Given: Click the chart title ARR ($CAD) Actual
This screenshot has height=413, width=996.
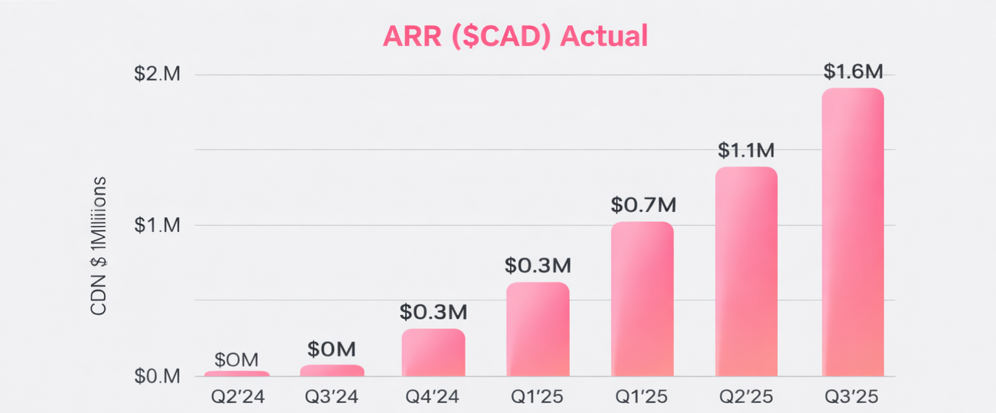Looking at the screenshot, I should tap(514, 36).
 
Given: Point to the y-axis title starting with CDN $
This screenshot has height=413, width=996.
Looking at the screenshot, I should tap(99, 246).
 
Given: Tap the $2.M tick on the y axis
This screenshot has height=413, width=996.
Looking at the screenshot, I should tap(157, 74).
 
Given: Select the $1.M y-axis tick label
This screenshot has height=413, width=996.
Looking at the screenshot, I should tap(157, 226).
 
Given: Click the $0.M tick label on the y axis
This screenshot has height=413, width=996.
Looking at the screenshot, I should tap(157, 376).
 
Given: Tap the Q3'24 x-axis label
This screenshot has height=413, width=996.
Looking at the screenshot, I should tap(332, 396).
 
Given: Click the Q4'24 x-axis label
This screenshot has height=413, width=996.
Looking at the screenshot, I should tap(433, 396).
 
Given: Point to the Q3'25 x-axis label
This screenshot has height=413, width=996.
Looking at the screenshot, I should tap(851, 396).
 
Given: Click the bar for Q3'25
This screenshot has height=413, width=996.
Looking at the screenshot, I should tap(852, 233).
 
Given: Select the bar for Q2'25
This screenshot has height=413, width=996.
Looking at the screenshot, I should tap(746, 271).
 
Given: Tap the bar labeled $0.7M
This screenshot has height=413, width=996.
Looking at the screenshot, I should tap(642, 299).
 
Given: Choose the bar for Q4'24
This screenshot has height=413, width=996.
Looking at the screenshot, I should tap(433, 353).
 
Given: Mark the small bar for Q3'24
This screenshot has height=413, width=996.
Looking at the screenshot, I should tap(332, 370).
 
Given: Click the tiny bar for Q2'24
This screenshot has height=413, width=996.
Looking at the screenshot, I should tap(237, 374).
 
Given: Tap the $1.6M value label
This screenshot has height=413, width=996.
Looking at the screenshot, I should tap(853, 72).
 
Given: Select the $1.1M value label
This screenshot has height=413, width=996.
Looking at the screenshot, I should tap(746, 151).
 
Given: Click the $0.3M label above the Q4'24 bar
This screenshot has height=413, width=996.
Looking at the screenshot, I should tap(433, 312).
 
